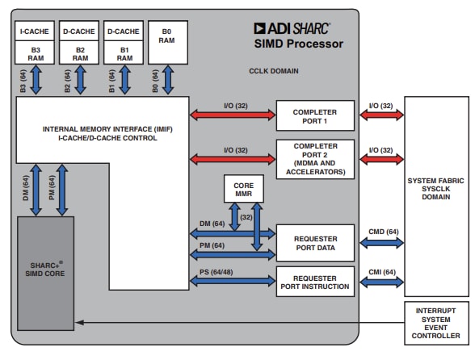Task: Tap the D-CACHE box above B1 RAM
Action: coord(124,32)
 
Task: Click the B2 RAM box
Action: coord(80,53)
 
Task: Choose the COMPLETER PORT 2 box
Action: coord(314,156)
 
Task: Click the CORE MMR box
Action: coord(243,190)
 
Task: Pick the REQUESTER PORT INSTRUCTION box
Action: coord(314,280)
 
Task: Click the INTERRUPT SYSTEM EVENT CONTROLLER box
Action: coord(435,323)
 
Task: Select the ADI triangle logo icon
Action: coord(259,27)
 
